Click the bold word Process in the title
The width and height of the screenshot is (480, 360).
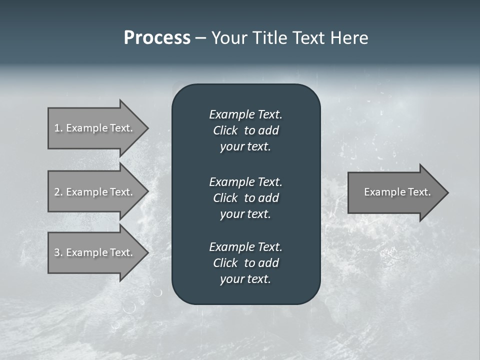(157, 38)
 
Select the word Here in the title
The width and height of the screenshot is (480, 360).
(349, 38)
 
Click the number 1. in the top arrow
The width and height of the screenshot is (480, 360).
(58, 128)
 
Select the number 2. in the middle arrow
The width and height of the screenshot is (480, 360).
(58, 192)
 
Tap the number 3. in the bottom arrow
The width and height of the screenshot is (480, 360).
(58, 252)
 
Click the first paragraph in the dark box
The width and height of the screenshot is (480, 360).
(245, 130)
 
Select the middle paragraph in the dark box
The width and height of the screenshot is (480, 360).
(245, 197)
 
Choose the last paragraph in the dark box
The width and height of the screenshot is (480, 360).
(245, 263)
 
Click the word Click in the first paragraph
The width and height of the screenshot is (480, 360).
(225, 130)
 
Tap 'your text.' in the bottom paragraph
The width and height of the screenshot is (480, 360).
(245, 279)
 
